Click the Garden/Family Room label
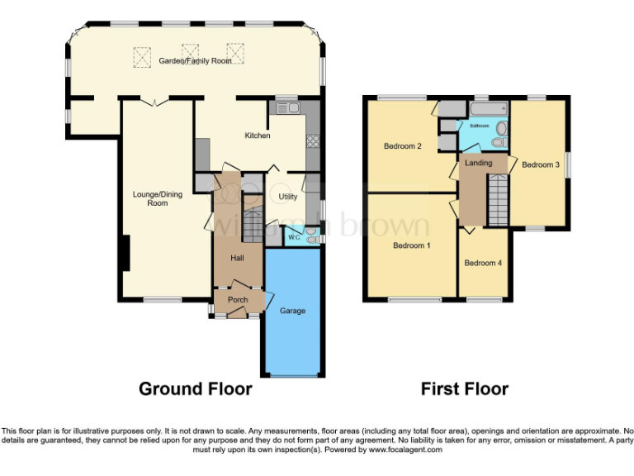tap(196, 60)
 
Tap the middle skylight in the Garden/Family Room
tap(190, 51)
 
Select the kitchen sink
tap(287, 107)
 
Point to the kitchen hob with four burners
tap(313, 141)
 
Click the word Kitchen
tap(257, 135)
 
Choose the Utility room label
tap(287, 197)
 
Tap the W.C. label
tap(293, 237)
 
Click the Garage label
tap(292, 311)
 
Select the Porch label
tap(237, 299)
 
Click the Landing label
tap(478, 163)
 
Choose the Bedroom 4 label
tap(481, 264)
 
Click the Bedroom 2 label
tap(403, 146)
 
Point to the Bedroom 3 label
tap(540, 164)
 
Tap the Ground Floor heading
tap(195, 388)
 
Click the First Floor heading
tap(464, 388)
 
